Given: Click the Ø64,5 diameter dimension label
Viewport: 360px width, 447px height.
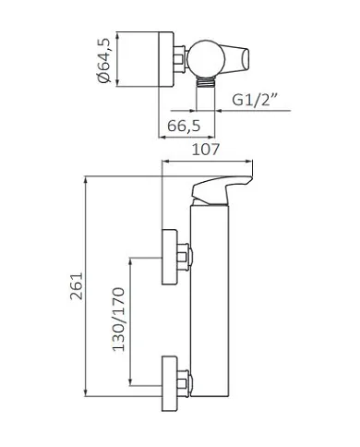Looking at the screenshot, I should (x=105, y=61).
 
